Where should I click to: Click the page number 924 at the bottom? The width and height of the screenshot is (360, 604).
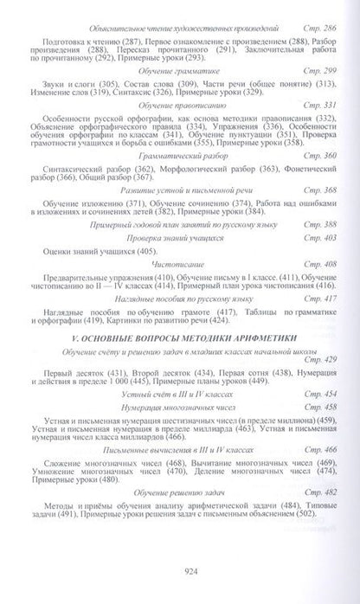click(x=180, y=569)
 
